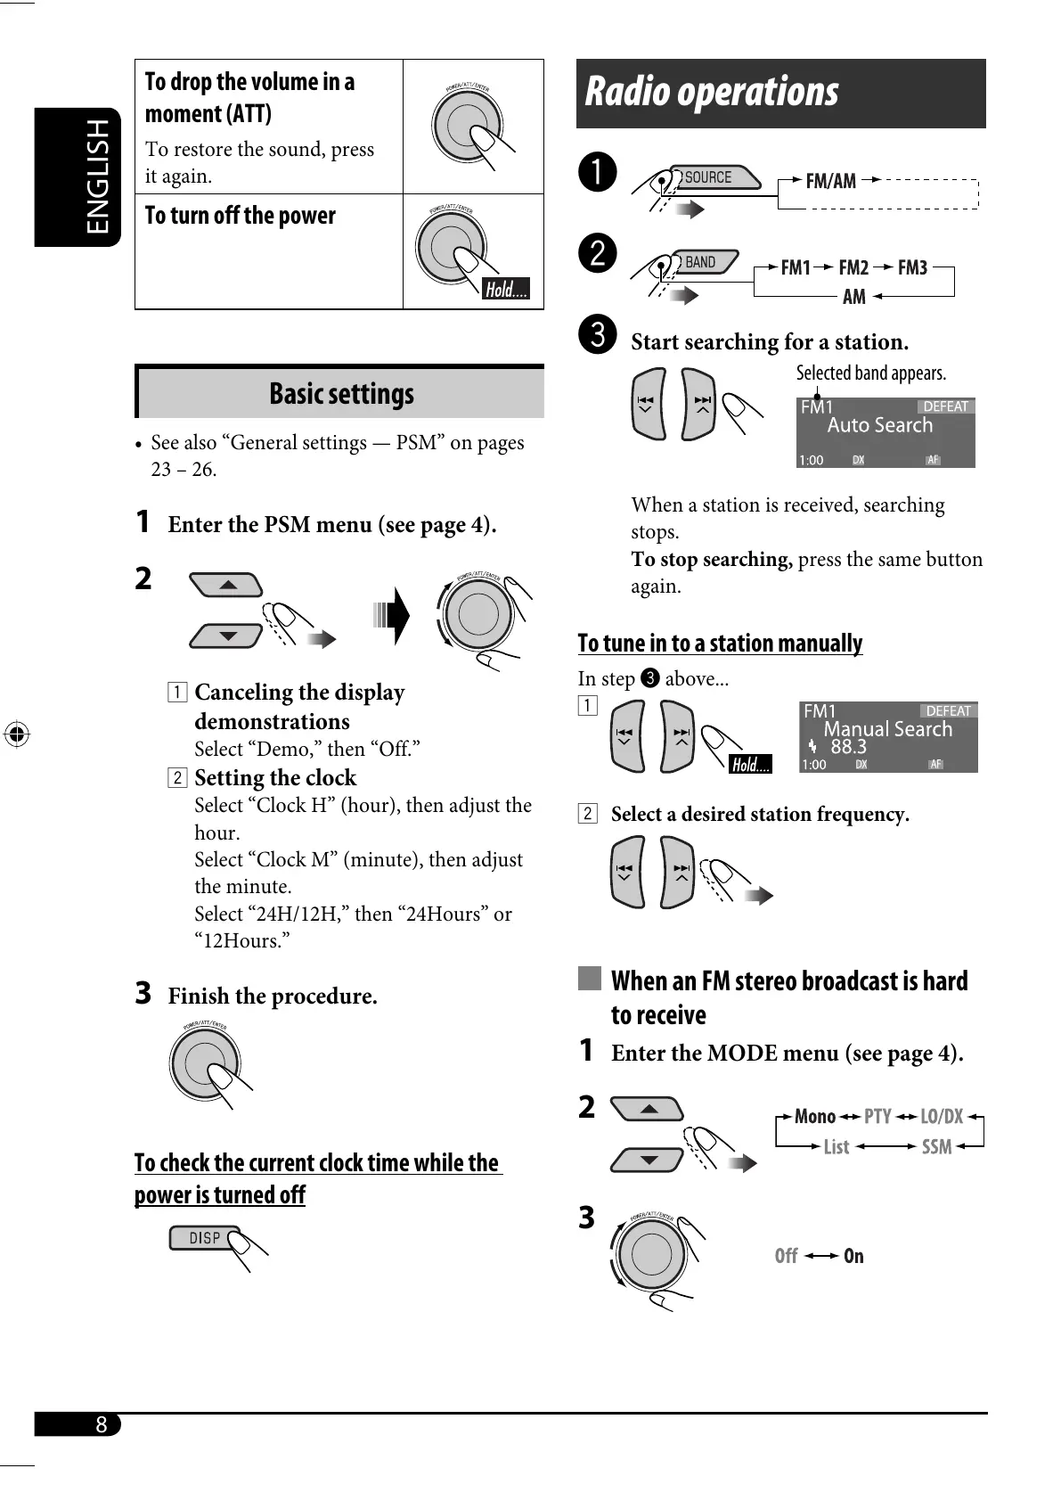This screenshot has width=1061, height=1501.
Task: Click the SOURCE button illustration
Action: point(708,177)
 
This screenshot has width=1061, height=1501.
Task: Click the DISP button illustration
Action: point(205,1238)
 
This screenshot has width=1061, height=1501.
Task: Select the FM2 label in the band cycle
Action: point(853,267)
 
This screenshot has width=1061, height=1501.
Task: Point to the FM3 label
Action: point(912,267)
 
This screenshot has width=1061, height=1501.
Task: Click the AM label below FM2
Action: point(853,297)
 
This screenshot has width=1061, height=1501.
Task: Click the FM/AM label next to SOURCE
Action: point(830,181)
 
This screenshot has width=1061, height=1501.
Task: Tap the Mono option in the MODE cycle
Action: point(815,1117)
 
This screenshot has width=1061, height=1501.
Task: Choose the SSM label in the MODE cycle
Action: point(936,1147)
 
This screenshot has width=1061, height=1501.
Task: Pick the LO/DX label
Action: point(942,1117)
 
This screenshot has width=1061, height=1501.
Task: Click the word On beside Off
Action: point(853,1256)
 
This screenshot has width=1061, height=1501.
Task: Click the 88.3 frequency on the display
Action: point(848,747)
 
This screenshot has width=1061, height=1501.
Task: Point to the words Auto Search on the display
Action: point(879,425)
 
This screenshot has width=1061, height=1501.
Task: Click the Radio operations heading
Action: point(712,92)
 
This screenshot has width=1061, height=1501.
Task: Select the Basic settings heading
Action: point(341,393)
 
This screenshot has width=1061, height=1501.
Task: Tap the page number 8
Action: point(102,1424)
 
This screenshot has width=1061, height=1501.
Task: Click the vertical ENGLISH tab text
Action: point(98,176)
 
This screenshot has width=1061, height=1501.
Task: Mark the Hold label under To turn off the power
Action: point(506,289)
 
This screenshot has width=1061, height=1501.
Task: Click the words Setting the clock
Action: point(275,777)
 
